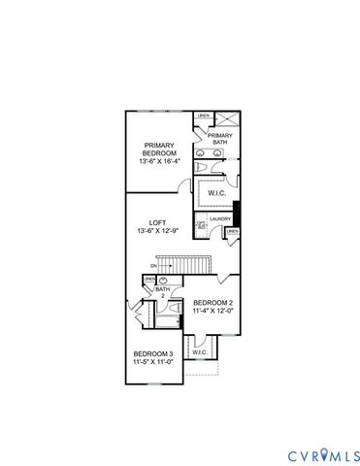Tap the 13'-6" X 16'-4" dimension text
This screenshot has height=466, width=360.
(159, 162)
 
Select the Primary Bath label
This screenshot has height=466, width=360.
(220, 139)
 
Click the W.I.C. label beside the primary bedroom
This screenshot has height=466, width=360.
(216, 192)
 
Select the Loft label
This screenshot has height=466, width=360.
(159, 220)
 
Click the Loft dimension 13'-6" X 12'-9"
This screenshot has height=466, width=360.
(159, 231)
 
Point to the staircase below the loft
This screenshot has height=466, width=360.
(184, 263)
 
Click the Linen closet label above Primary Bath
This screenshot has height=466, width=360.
(204, 117)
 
